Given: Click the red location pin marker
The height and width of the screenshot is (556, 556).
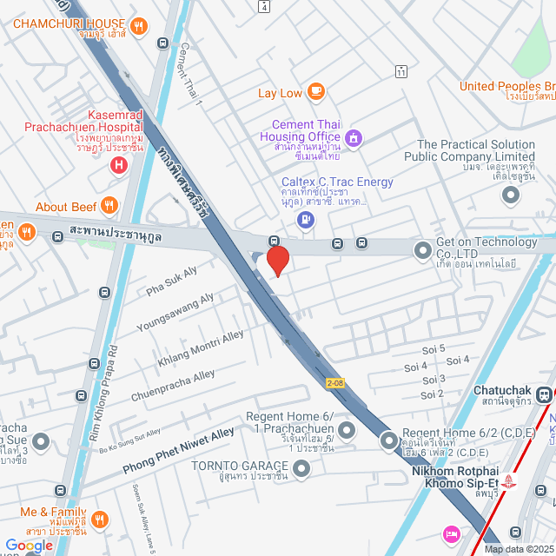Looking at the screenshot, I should click(277, 260).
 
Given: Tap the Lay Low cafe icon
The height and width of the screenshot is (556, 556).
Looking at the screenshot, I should click(315, 91).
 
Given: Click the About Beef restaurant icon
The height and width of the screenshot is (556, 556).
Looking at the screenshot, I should click(109, 206).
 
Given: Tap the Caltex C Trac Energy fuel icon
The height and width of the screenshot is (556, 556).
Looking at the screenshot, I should click(305, 219).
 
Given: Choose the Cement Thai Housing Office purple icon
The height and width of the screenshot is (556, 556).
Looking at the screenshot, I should click(353, 137).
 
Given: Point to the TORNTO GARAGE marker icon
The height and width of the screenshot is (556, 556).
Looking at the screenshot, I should click(301, 469).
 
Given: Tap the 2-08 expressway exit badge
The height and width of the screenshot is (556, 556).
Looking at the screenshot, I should click(336, 383).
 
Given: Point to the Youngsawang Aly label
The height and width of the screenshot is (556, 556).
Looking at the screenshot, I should click(175, 313).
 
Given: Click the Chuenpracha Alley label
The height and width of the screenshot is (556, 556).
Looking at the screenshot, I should click(173, 386).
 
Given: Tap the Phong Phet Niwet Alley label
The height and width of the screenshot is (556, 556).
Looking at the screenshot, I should click(178, 451).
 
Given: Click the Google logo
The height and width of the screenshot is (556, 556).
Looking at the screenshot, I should click(29, 545).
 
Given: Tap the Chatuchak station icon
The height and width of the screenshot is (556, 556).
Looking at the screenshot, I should click(544, 394).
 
